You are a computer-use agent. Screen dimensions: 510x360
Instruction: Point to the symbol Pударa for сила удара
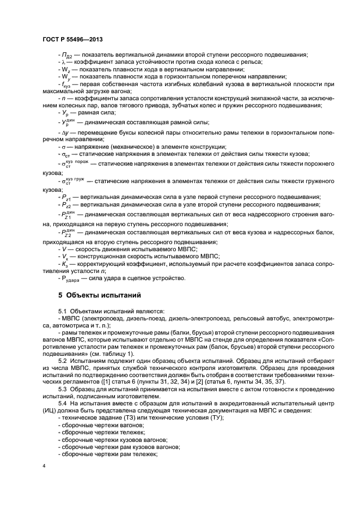click(73, 278)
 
